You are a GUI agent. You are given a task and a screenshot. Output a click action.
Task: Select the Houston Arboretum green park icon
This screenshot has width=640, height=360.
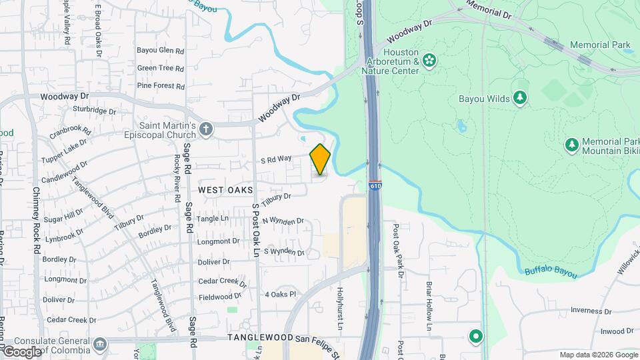tap(429, 61)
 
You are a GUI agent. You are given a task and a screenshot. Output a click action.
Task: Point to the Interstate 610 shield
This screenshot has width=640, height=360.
tap(375, 187)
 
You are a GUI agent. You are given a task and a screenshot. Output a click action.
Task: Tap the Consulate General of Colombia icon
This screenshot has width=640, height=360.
tap(100, 343)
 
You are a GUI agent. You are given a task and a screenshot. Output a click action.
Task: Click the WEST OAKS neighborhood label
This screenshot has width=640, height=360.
tap(226, 190)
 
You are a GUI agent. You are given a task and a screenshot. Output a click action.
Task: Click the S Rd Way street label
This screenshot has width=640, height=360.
tap(276, 159)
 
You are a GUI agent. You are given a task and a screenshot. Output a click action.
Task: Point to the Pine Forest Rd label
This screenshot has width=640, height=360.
tap(160, 86)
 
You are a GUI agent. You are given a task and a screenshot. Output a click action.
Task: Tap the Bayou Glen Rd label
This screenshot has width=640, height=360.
tap(160, 50)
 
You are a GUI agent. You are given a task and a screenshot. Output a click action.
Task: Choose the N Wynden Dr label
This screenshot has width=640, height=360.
tap(283, 221)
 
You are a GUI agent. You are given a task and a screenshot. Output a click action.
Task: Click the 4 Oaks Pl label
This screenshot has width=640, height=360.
tap(280, 294)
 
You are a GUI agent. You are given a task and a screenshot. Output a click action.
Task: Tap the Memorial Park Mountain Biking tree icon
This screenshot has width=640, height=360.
tap(571, 145)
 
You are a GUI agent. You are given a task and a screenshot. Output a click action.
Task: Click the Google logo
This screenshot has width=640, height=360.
tap(22, 351)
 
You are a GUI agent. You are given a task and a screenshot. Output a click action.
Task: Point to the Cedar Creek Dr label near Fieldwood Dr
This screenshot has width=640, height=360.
tap(221, 281)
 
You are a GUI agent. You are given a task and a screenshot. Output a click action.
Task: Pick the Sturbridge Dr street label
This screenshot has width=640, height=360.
tap(94, 110)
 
